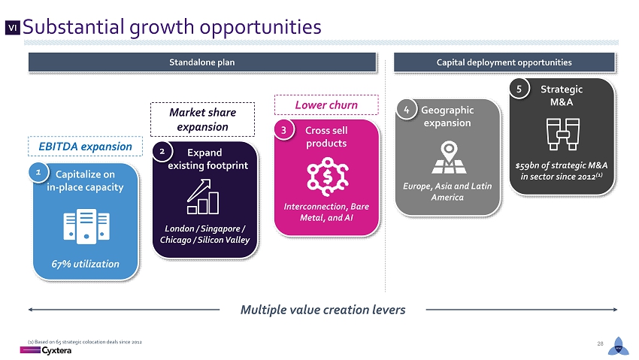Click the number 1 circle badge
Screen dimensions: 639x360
click(x=38, y=172)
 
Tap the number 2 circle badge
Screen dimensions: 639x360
click(x=162, y=152)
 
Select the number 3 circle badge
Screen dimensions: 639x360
click(x=284, y=130)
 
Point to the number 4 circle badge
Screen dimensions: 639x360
click(x=406, y=109)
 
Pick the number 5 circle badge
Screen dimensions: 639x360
click(x=519, y=89)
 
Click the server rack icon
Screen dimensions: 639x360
click(x=86, y=226)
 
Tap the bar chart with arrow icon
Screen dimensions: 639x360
click(x=203, y=197)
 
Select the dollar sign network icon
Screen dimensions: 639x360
click(x=327, y=177)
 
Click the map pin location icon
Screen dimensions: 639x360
click(x=449, y=157)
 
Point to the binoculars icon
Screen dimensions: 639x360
click(x=563, y=134)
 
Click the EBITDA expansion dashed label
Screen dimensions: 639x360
click(x=85, y=147)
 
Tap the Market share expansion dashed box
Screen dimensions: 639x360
click(x=202, y=119)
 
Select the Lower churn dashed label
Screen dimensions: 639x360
click(x=326, y=105)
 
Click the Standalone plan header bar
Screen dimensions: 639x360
click(x=202, y=62)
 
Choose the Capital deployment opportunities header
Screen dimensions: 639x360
click(x=504, y=62)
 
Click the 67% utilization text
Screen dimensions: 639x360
click(x=85, y=264)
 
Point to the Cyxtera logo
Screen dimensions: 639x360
click(x=46, y=350)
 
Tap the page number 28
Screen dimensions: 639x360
click(x=600, y=343)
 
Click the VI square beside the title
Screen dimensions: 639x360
click(x=13, y=28)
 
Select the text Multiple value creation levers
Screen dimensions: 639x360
click(x=323, y=310)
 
